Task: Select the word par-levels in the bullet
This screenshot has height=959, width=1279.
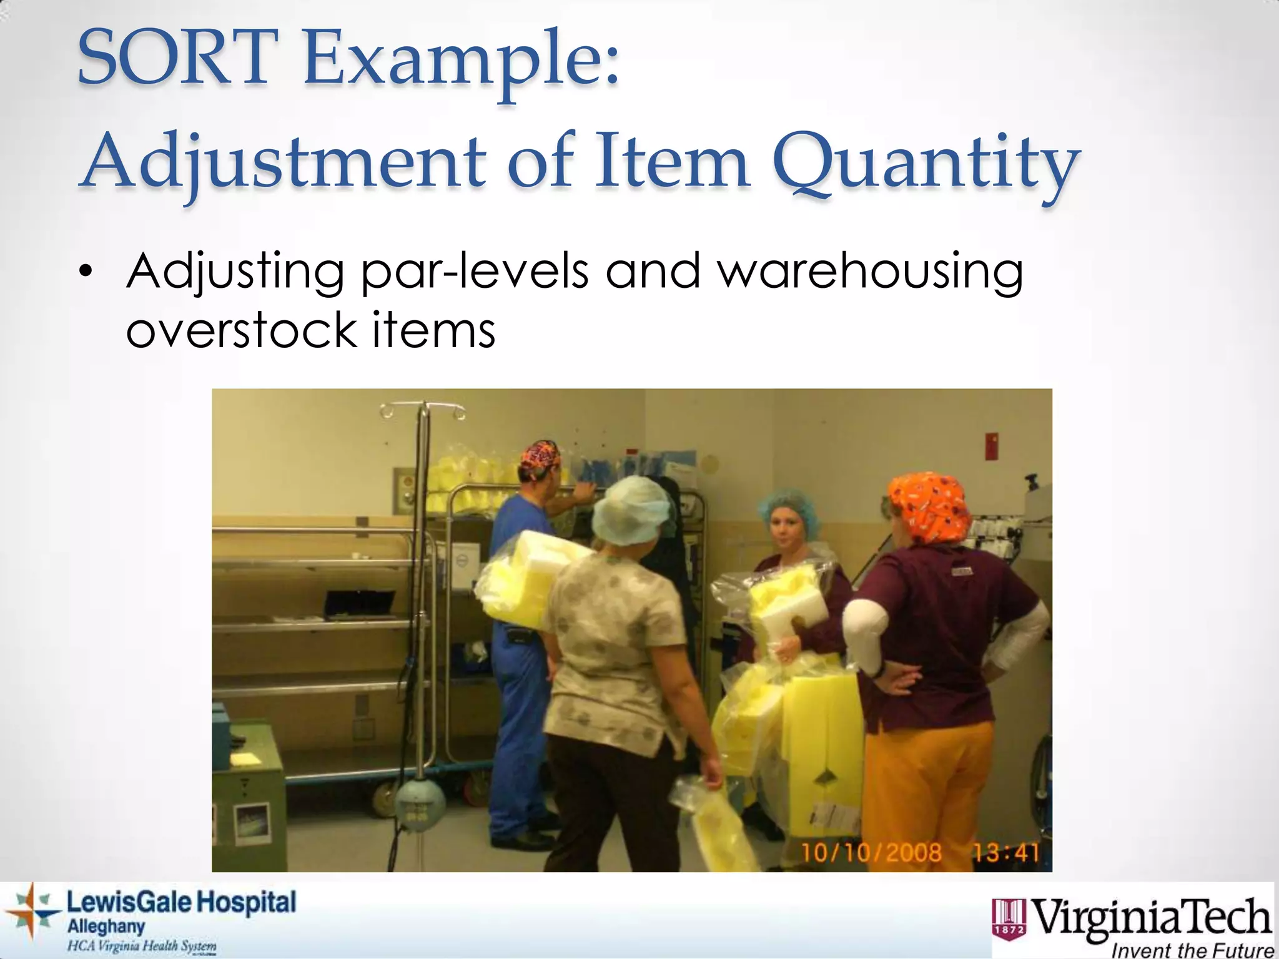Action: [475, 272]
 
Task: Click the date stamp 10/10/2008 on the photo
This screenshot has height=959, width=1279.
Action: [871, 852]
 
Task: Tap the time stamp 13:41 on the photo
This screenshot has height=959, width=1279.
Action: [1005, 852]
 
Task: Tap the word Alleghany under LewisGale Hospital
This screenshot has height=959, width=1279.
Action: [106, 927]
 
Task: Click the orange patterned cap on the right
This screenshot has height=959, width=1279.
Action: [931, 506]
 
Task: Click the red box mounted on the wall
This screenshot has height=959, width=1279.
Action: [990, 445]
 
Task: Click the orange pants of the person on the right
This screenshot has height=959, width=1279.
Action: [931, 780]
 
